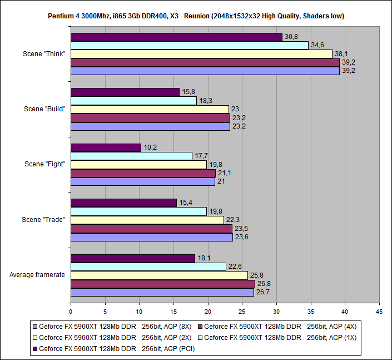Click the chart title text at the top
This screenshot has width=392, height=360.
pos(196,16)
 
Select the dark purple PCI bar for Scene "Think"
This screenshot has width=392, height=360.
pos(176,37)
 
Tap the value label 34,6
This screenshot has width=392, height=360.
pos(317,45)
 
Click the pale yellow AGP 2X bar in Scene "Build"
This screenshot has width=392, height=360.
pos(150,109)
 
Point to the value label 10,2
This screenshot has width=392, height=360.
pos(150,147)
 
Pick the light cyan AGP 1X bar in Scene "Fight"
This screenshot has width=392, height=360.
pos(131,156)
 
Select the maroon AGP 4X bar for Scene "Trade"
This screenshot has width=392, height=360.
pos(151,228)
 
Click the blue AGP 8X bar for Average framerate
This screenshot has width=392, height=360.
pos(162,292)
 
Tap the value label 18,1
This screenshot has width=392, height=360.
pos(204,258)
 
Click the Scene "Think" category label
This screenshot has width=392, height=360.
pos(44,53)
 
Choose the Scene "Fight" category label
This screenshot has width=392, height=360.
pos(44,164)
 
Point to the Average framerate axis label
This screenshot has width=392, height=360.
pos(37,275)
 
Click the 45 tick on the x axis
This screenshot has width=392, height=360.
pos(379,312)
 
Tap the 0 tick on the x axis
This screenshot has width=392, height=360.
pos(71,312)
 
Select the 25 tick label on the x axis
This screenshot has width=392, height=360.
pos(242,312)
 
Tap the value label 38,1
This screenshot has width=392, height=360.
pos(341,54)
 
